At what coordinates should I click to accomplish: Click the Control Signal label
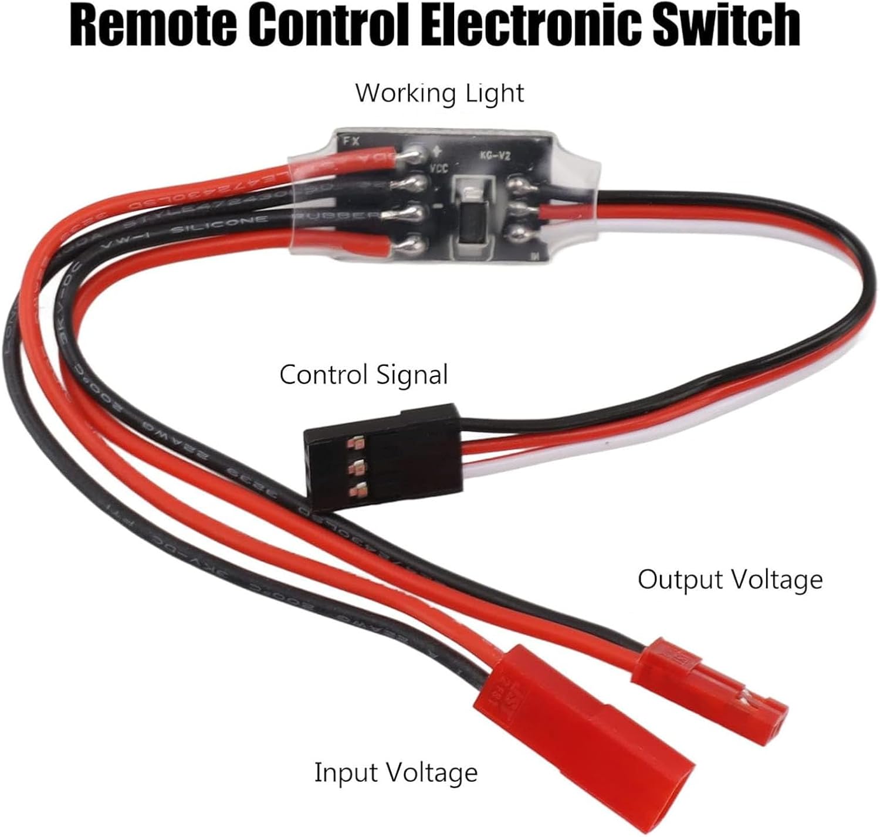click(364, 375)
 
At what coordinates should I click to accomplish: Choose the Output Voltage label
click(730, 580)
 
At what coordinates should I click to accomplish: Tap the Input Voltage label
click(396, 772)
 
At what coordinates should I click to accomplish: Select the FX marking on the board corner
click(351, 141)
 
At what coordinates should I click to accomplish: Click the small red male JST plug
click(710, 680)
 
